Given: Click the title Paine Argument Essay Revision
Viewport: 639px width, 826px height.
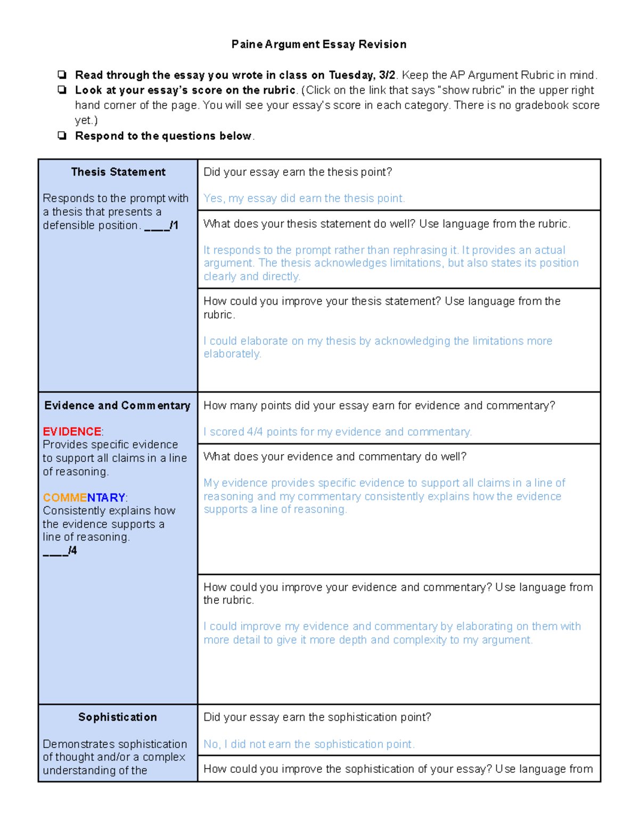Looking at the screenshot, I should pyautogui.click(x=318, y=44).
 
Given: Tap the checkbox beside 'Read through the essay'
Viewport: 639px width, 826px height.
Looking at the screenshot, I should pyautogui.click(x=62, y=74).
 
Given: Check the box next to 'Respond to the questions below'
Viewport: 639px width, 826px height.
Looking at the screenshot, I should pyautogui.click(x=62, y=136).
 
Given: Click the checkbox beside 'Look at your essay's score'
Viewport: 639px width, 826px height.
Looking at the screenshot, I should pyautogui.click(x=62, y=90).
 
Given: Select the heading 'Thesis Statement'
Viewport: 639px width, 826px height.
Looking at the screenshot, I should pyautogui.click(x=118, y=172).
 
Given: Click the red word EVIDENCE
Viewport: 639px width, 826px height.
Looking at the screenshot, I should pyautogui.click(x=72, y=431).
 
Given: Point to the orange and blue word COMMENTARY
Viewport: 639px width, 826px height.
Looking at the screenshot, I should pyautogui.click(x=84, y=497).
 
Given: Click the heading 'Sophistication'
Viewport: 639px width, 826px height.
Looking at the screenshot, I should pyautogui.click(x=118, y=717).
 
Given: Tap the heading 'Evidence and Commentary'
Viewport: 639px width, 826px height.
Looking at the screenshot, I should pyautogui.click(x=117, y=405).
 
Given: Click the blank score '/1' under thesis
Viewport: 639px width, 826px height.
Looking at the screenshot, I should pyautogui.click(x=161, y=226).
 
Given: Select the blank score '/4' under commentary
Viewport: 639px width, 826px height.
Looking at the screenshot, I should pyautogui.click(x=60, y=550).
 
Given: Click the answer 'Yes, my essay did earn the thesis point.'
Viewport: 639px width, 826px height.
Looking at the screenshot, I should pyautogui.click(x=304, y=198).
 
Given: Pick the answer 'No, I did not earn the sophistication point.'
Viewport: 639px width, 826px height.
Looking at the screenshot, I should pyautogui.click(x=309, y=744).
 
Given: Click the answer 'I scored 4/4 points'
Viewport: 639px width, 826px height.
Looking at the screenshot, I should pyautogui.click(x=338, y=432).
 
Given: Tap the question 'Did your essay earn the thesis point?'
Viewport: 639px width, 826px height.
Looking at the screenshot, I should pyautogui.click(x=298, y=172).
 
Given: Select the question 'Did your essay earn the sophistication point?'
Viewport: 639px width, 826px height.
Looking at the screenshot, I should pyautogui.click(x=317, y=717).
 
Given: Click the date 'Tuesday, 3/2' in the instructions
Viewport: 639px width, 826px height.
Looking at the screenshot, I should pyautogui.click(x=362, y=75).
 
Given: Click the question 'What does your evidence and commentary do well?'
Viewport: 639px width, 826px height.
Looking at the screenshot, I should pyautogui.click(x=335, y=456).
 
